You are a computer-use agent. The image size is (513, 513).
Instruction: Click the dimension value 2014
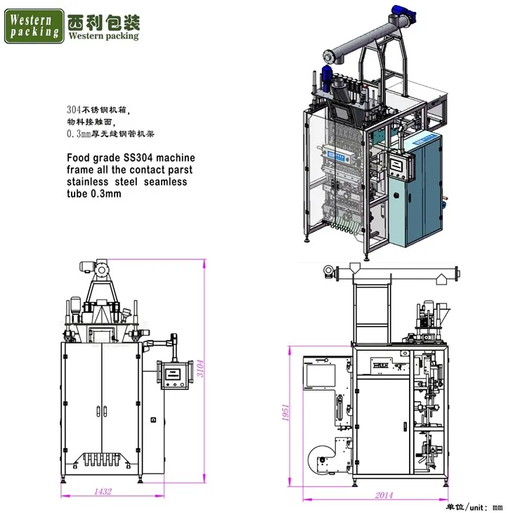tap(384, 495)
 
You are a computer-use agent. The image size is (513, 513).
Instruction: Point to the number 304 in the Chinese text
tap(72, 110)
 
